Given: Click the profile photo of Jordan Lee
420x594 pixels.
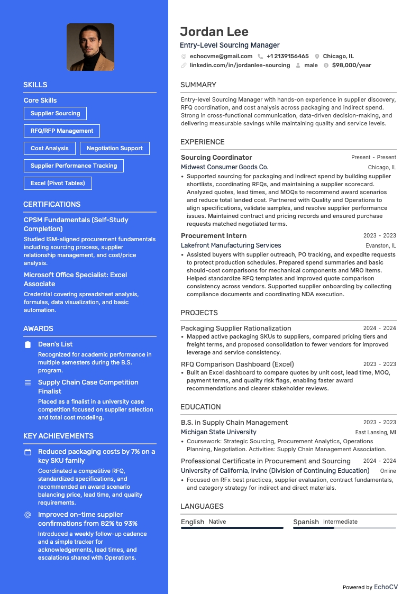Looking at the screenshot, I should pos(90,47).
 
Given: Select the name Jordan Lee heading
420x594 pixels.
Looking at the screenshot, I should pos(214,32).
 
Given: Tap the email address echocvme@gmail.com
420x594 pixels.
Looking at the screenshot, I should pos(221,56).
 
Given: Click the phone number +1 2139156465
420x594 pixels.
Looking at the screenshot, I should pos(287,56).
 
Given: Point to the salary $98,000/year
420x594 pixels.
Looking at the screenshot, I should pos(351,65).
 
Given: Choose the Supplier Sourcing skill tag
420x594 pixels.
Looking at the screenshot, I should pos(55,113).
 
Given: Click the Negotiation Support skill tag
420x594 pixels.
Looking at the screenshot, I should pos(114,148).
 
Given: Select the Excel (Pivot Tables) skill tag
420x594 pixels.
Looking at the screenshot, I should pos(58,183).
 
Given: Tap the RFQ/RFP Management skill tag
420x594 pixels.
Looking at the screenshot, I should pos(61,131).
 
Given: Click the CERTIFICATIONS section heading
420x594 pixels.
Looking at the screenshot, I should pos(52,204).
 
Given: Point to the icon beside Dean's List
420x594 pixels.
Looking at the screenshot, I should pos(28,344).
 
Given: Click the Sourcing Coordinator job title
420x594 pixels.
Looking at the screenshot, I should pos(216,157).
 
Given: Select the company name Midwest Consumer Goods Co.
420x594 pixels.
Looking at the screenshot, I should pos(224,167).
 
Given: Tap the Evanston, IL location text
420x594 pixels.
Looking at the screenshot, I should pos(380,245).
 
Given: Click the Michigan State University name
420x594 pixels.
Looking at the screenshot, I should pos(218,432).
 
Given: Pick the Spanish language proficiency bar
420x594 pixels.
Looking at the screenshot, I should pos(344,528).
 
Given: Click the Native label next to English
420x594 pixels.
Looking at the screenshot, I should pos(217,522).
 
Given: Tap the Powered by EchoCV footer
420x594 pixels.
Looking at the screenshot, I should pos(370,587).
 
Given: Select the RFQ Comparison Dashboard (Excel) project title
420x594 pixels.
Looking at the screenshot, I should pos(237,364).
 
